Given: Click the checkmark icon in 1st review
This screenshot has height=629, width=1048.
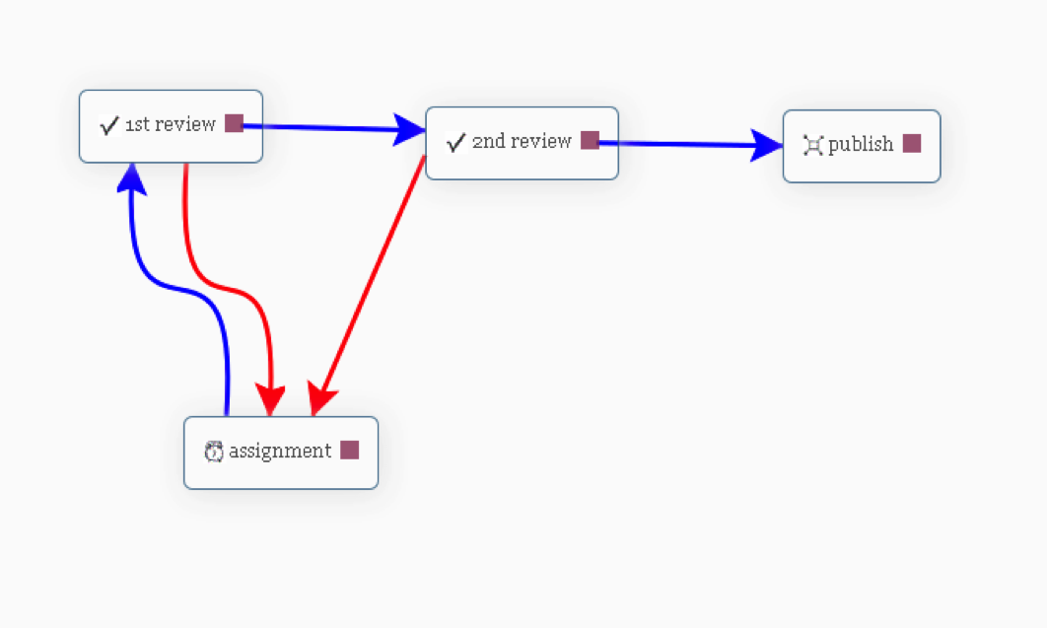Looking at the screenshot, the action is (x=109, y=125).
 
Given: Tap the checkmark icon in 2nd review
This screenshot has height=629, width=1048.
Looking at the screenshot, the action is (x=455, y=142).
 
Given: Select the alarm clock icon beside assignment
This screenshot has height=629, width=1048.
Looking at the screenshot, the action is (x=214, y=452).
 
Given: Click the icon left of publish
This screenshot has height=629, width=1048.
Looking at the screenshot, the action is (x=812, y=145).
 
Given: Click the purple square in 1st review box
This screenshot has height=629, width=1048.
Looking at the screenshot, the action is (x=234, y=123).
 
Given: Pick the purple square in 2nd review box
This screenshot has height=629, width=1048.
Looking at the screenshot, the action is (x=590, y=140).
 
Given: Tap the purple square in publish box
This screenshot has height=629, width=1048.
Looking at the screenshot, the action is (x=912, y=144).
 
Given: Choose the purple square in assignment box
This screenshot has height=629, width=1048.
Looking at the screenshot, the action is (x=350, y=450).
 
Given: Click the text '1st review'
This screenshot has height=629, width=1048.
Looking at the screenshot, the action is (x=171, y=124).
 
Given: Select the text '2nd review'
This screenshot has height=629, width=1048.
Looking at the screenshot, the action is (x=522, y=141).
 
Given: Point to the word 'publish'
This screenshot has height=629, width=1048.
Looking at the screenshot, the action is (x=861, y=144).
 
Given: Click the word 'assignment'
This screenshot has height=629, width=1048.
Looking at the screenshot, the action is (x=280, y=452).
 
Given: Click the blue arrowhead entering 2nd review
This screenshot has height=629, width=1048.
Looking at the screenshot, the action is (x=409, y=130).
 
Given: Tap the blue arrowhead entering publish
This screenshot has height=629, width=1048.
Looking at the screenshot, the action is (x=766, y=145).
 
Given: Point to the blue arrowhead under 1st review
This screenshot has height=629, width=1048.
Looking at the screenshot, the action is (x=132, y=178).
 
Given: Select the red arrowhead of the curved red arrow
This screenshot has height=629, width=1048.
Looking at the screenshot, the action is (x=271, y=400).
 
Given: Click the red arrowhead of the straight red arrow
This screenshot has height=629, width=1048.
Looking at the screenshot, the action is (x=320, y=398).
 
